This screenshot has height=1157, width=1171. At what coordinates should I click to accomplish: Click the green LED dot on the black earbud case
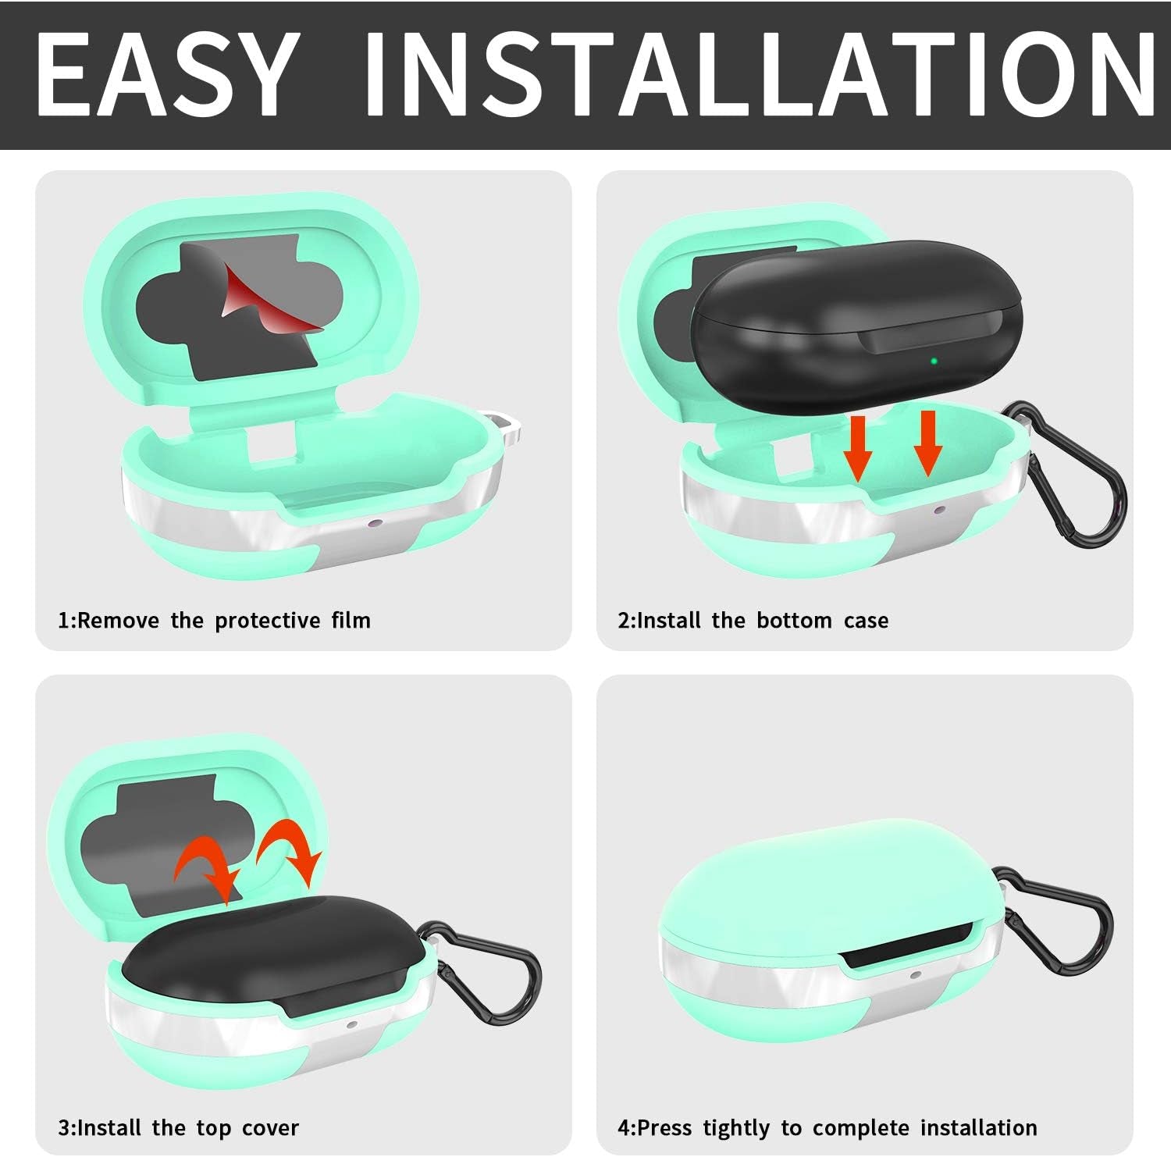(x=934, y=361)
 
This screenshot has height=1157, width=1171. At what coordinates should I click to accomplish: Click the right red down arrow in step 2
(x=927, y=443)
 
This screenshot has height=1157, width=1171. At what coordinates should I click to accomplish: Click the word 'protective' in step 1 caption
(x=268, y=621)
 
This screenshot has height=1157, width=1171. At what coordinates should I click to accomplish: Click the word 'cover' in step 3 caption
(x=270, y=1128)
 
